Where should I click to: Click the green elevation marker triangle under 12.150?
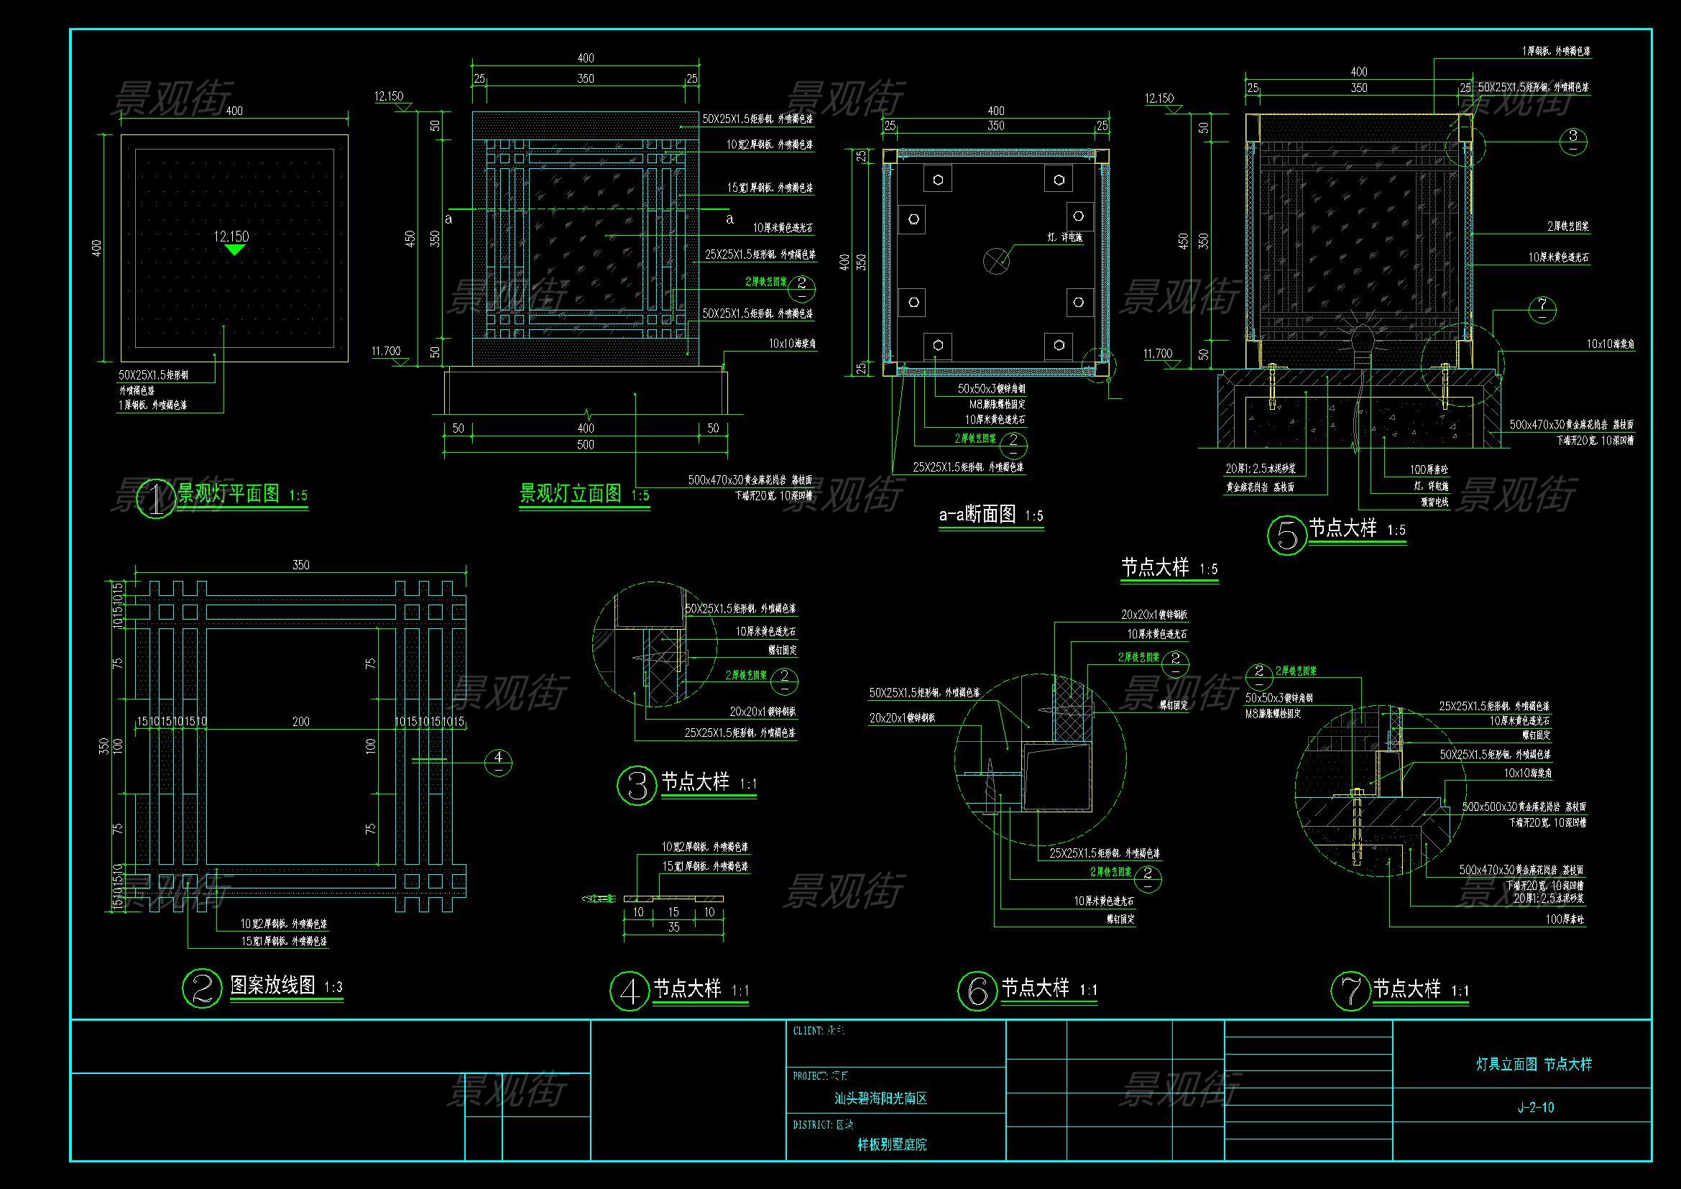[x=234, y=249]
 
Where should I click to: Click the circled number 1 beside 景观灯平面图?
[x=157, y=499]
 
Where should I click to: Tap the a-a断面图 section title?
[x=977, y=515]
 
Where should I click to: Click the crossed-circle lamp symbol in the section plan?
[x=995, y=260]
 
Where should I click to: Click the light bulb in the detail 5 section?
[x=1360, y=341]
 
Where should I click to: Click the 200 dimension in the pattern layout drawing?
[x=301, y=722]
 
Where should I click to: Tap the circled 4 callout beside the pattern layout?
[x=499, y=762]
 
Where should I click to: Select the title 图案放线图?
[x=272, y=986]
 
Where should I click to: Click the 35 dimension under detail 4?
[x=673, y=927]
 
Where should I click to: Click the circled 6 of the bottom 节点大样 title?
[x=977, y=991]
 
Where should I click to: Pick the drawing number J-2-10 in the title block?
[x=1535, y=1108]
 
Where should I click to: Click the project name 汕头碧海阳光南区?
[x=881, y=1099]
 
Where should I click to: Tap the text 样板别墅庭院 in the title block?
[x=892, y=1144]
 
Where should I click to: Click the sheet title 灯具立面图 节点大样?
[x=1534, y=1065]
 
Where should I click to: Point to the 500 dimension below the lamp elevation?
[x=585, y=444]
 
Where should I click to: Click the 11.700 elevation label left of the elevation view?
[x=386, y=352]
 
